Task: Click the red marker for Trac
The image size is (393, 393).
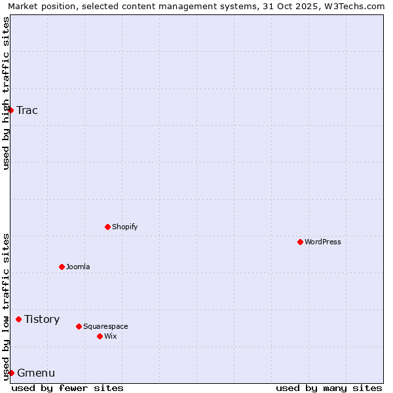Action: click(10, 110)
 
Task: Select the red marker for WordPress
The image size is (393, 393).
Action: click(300, 242)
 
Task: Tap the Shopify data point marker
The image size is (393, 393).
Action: click(107, 227)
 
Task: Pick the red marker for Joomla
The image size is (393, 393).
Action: click(62, 267)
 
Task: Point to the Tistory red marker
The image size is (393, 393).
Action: click(18, 320)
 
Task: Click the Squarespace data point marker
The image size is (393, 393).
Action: click(79, 326)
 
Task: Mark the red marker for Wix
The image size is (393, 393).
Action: click(100, 336)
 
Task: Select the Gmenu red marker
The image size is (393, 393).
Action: click(11, 373)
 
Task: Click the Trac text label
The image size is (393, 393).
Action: click(27, 110)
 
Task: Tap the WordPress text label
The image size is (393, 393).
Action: click(323, 242)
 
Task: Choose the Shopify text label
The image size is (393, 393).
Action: click(124, 227)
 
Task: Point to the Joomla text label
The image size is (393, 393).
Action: click(78, 267)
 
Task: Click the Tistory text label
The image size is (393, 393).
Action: click(42, 320)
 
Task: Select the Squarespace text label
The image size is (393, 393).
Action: click(105, 326)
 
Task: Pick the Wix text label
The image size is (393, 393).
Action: click(110, 336)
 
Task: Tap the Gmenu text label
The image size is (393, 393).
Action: click(36, 373)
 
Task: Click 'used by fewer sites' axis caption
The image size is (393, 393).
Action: click(67, 388)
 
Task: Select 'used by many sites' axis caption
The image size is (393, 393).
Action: click(329, 388)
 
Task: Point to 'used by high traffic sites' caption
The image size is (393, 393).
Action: click(6, 93)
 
